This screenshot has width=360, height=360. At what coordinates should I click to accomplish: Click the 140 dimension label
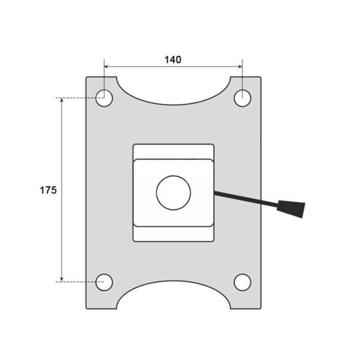click(x=173, y=59)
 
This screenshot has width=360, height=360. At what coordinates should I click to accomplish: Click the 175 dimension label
click(x=48, y=190)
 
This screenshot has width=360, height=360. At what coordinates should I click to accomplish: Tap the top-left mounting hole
click(x=104, y=98)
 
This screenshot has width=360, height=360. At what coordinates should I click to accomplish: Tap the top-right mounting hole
click(x=242, y=98)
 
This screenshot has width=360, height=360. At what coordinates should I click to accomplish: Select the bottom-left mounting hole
click(x=104, y=282)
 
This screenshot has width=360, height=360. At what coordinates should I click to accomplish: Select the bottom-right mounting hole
click(x=242, y=282)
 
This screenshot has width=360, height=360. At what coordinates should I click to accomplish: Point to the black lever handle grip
click(x=291, y=209)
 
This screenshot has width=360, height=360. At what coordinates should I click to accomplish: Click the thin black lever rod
click(x=246, y=199)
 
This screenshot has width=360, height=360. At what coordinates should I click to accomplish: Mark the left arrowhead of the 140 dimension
click(x=106, y=67)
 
